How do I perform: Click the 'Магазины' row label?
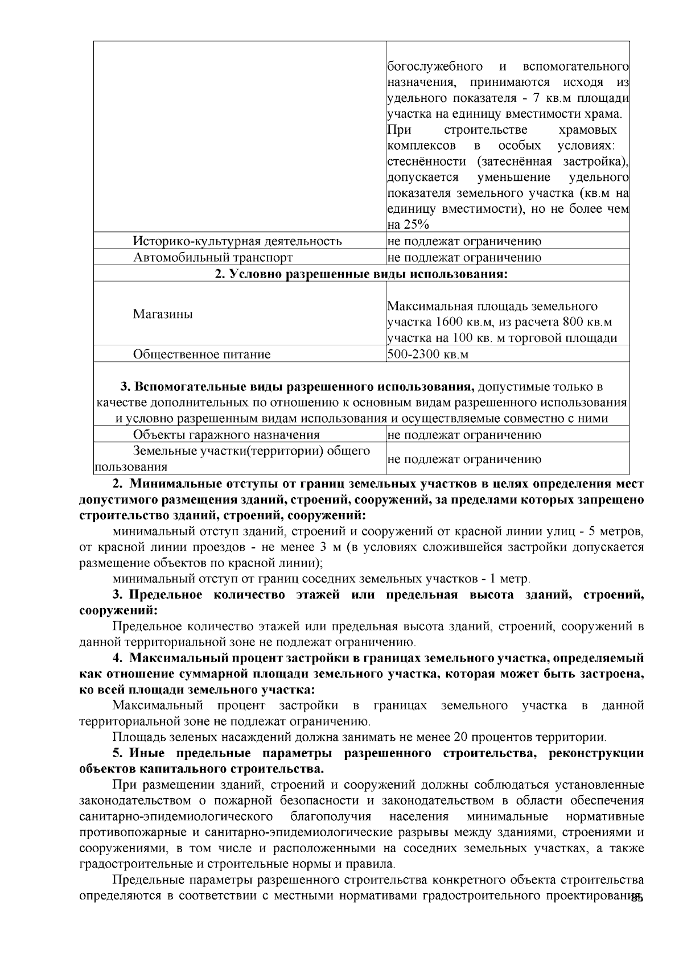pos(163,314)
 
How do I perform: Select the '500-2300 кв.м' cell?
pos(428,354)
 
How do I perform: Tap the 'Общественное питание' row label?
pos(201,354)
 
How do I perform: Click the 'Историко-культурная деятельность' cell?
pos(237,241)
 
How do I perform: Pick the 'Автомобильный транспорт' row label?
pos(213,257)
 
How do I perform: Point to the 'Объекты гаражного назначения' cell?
pos(226,435)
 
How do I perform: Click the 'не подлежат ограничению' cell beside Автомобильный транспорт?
pos(464,257)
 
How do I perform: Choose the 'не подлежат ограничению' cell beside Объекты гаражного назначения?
pos(464,435)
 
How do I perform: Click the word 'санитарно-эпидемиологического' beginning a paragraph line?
pos(175,816)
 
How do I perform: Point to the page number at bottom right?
pos(637,899)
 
